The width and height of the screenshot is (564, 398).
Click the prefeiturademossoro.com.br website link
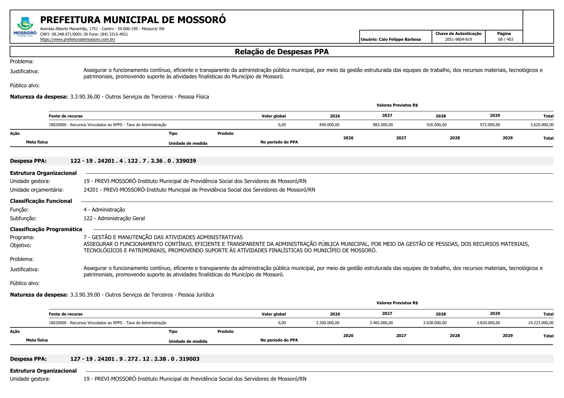point(77,39)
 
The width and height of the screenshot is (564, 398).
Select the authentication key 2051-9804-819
point(458,39)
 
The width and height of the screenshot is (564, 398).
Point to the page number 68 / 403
point(506,39)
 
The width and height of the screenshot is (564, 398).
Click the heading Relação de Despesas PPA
point(282,52)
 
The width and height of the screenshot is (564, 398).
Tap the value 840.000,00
point(329,125)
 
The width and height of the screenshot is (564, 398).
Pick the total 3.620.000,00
point(542,125)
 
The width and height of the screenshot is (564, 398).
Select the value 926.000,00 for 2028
point(436,125)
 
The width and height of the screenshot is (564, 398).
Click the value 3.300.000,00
point(327,323)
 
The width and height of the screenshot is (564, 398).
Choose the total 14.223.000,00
point(541,323)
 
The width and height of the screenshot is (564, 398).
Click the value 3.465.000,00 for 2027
point(381,323)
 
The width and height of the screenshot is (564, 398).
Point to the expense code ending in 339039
point(133,161)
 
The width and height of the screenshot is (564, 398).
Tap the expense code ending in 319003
point(135,359)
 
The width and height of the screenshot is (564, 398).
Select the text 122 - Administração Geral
point(114,218)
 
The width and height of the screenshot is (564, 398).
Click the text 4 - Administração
point(104,210)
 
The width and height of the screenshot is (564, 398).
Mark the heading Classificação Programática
point(46,229)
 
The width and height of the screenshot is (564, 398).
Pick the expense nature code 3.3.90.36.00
point(85,97)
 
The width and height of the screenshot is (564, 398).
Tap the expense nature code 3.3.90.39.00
point(85,295)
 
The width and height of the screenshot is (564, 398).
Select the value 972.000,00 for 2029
point(490,125)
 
